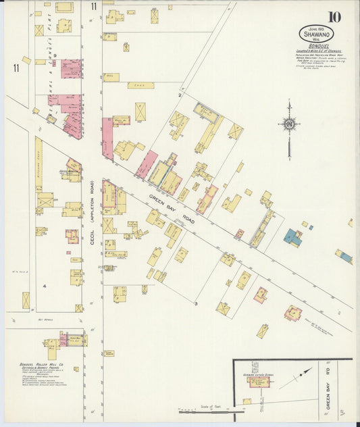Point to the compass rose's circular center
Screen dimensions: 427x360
(288, 124)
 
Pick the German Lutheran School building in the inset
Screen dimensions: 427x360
(259, 382)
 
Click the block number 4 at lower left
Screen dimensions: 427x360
(45, 286)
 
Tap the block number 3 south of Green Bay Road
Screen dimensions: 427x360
(195, 304)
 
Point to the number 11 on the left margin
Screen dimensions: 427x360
(15, 68)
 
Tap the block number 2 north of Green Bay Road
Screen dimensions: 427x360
(179, 95)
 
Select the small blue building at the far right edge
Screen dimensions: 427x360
(346, 257)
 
